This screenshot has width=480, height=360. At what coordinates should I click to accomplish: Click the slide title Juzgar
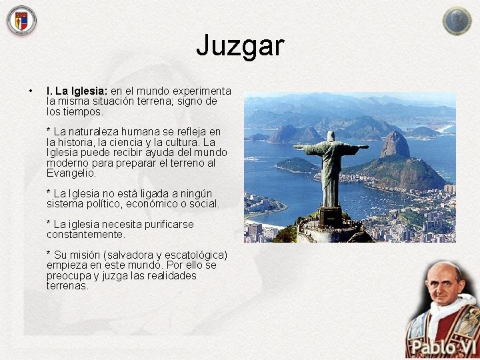(240, 46)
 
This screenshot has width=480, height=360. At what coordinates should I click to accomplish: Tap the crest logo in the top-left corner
(21, 21)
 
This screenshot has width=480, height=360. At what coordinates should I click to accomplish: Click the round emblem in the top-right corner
(457, 21)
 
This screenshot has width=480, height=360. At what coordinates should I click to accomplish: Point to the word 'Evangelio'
(71, 173)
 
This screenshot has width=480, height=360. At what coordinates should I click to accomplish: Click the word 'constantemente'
(85, 235)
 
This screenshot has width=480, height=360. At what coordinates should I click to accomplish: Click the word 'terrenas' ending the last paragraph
(67, 286)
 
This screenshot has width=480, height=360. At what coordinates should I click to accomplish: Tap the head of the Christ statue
(331, 136)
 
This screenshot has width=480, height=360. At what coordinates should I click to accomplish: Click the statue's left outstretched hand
(298, 147)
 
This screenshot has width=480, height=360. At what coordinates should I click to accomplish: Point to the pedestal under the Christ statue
(330, 216)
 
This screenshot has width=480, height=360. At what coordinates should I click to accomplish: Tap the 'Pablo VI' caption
(441, 348)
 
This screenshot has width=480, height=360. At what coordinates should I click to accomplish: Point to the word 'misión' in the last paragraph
(89, 255)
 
